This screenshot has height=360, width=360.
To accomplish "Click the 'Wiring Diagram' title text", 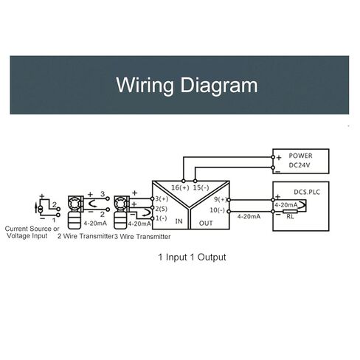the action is (x=187, y=85).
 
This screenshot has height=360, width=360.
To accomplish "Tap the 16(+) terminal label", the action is (x=180, y=187).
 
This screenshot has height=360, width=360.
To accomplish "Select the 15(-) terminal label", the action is (x=201, y=187).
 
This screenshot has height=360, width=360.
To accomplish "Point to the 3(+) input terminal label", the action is (x=162, y=198).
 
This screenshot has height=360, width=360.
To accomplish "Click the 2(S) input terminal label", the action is (x=162, y=209).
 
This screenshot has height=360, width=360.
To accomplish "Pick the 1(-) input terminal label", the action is (x=162, y=218).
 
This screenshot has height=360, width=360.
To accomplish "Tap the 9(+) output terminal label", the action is (x=220, y=199).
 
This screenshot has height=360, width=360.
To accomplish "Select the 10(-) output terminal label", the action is (x=218, y=210).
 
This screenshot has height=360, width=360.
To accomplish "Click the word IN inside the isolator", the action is (x=179, y=221).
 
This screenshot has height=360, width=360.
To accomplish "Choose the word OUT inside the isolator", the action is (x=206, y=224).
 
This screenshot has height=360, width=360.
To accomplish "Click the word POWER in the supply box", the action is (x=300, y=156).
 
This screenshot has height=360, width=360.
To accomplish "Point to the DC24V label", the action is (x=300, y=165).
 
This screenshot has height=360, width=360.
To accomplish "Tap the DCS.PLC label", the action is (x=307, y=192).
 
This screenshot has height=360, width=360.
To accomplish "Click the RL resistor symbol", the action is (x=290, y=212).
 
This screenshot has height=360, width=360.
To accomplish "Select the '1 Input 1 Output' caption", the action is (x=192, y=257).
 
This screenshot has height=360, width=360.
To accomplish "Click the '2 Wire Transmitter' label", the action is (x=86, y=236).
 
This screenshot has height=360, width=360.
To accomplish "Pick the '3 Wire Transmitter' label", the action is (x=142, y=237).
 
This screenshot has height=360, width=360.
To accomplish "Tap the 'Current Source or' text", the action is (x=32, y=229).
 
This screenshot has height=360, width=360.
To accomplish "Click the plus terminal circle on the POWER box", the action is (x=273, y=157).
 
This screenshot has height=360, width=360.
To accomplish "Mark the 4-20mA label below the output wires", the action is (x=249, y=217).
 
